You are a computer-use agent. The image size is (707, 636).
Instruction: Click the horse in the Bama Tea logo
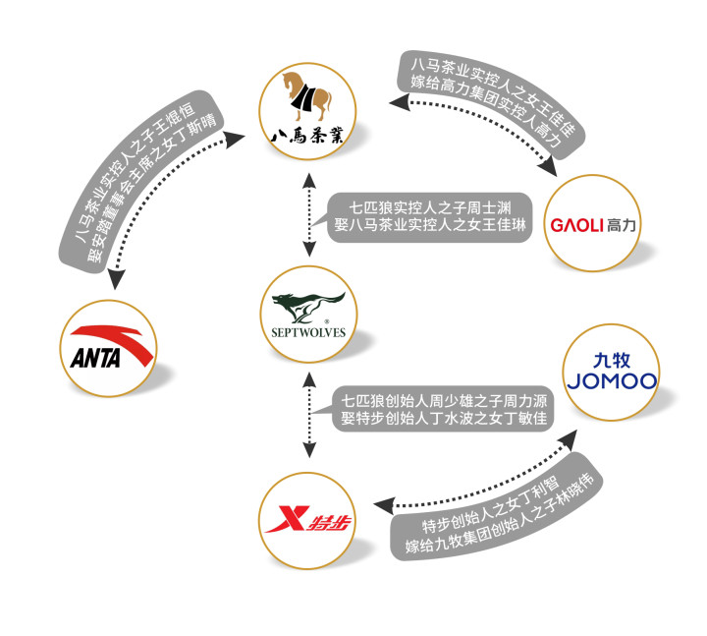pos(308,95)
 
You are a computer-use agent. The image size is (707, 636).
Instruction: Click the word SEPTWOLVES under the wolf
pos(309,331)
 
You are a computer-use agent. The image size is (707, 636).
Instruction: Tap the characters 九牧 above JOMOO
pos(610,358)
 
